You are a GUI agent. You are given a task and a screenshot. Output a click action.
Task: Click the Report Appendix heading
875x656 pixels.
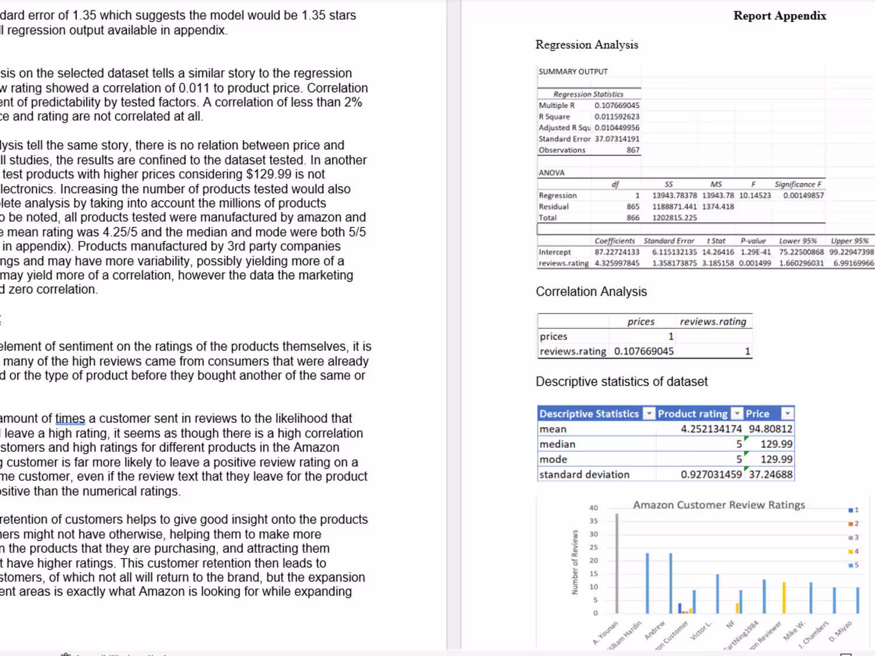(x=779, y=16)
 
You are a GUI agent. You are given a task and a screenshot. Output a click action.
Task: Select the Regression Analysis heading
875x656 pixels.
(x=586, y=45)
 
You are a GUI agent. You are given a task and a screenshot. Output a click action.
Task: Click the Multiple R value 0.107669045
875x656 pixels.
(x=617, y=106)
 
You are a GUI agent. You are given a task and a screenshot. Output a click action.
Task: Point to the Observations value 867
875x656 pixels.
(x=633, y=150)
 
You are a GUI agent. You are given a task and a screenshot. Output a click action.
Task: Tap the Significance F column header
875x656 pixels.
(x=797, y=184)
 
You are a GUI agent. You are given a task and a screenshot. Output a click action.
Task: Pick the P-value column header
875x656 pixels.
(x=752, y=241)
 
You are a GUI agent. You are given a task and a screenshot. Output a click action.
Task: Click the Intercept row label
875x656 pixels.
(x=555, y=252)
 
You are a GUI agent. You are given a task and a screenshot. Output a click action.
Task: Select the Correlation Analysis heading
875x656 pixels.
(x=591, y=292)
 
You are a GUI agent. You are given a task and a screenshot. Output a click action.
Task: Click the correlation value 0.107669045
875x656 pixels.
(x=643, y=352)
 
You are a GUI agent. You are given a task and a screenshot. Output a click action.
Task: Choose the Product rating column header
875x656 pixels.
(x=692, y=414)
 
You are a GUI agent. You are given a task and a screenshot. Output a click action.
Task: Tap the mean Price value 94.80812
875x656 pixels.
(x=770, y=429)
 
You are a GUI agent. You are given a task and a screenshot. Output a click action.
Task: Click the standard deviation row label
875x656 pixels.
(x=584, y=475)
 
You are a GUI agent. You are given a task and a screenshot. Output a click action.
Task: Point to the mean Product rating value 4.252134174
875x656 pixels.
(x=710, y=429)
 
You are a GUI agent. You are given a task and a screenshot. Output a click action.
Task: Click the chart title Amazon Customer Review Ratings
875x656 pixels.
(x=719, y=505)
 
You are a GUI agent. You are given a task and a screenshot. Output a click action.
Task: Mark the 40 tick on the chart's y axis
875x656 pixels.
(x=593, y=508)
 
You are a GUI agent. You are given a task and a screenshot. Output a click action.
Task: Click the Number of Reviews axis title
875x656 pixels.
(x=575, y=562)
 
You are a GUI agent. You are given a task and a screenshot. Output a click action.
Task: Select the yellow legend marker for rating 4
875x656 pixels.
(x=851, y=552)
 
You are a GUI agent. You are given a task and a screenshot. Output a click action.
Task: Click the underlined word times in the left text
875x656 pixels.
(x=70, y=419)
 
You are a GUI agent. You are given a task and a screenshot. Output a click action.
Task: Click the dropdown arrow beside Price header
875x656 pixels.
(x=787, y=413)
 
